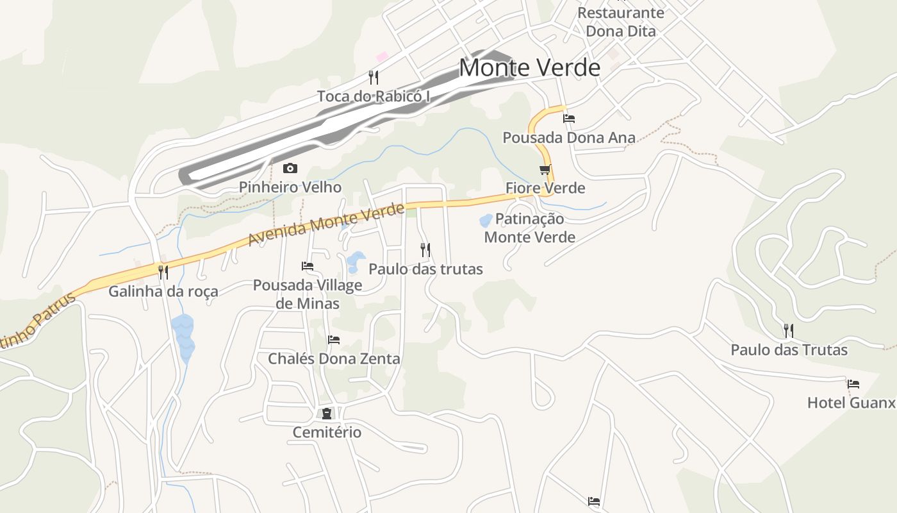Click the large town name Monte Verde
[x=530, y=67]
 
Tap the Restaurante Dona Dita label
[x=621, y=22]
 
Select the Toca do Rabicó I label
[x=373, y=97]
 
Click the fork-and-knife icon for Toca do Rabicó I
[x=374, y=78]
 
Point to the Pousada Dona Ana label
[x=569, y=138]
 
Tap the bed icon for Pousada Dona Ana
[x=569, y=119]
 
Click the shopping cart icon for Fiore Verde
[x=545, y=169]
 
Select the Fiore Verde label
[x=545, y=188]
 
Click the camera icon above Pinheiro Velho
[x=290, y=169]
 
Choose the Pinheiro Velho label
[x=290, y=187]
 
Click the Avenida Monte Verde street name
[x=327, y=224]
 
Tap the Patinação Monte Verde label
[x=529, y=228]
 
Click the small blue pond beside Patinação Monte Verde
[x=486, y=221]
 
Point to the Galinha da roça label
[x=163, y=291]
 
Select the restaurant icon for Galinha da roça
[x=163, y=272]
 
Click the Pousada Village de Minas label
[x=308, y=294]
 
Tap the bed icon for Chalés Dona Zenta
[x=334, y=339]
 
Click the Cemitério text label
[x=327, y=432]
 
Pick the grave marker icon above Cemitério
[x=327, y=413]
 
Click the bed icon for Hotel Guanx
[x=853, y=384]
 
